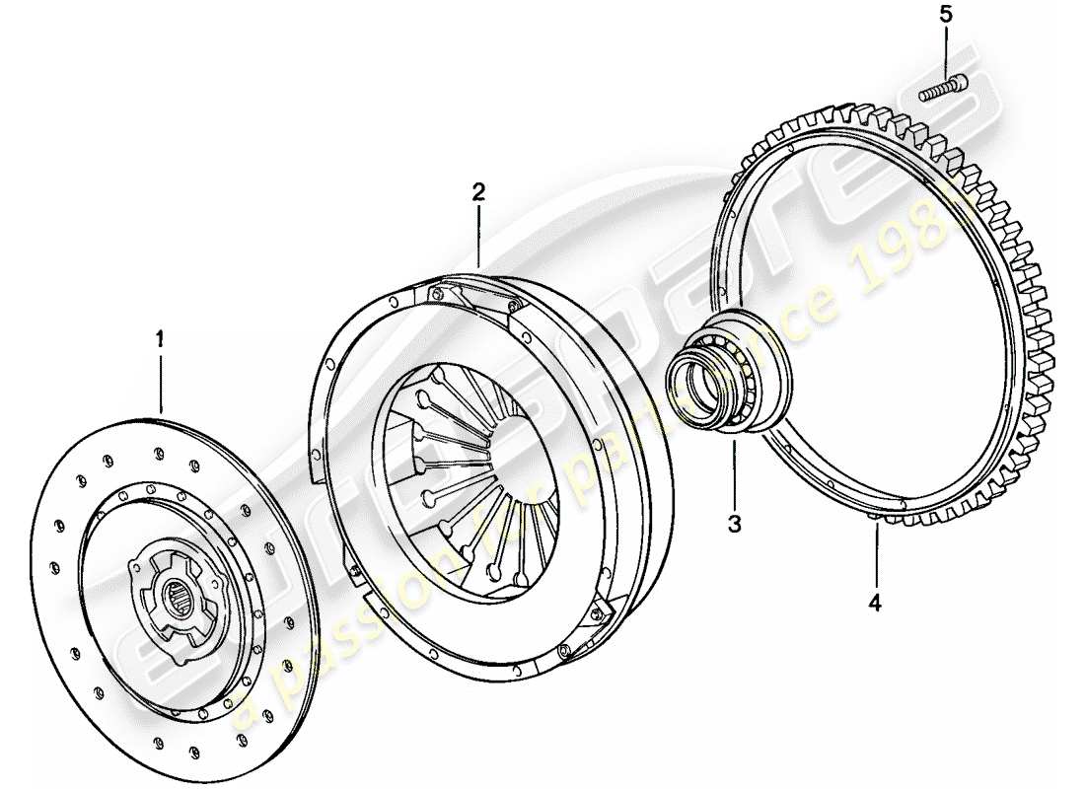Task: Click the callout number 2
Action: (x=478, y=191)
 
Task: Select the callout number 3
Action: (x=735, y=524)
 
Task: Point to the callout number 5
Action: (x=947, y=15)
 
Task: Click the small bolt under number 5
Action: (x=945, y=89)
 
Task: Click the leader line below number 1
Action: (x=160, y=380)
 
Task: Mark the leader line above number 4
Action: (x=875, y=557)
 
